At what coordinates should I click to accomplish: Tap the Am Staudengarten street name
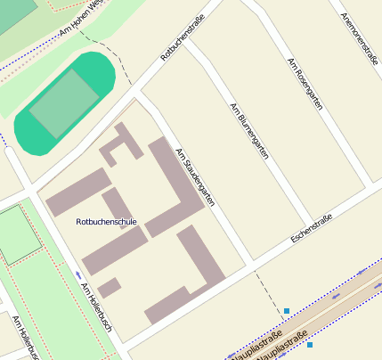click(x=196, y=177)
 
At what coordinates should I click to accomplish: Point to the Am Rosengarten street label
click(x=305, y=85)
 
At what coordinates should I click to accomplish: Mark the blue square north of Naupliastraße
click(x=287, y=310)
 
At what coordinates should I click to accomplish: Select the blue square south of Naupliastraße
click(x=310, y=344)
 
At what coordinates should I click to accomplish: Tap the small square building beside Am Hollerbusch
click(x=110, y=288)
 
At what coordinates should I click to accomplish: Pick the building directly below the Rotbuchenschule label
click(x=115, y=250)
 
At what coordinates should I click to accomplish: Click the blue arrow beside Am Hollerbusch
click(x=79, y=274)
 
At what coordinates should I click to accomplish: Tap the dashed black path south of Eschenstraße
click(x=264, y=285)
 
